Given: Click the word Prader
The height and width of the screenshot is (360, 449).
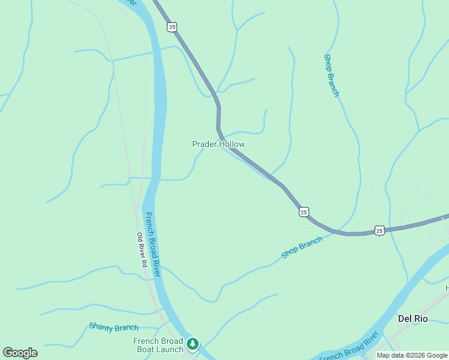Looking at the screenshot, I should coord(204,144).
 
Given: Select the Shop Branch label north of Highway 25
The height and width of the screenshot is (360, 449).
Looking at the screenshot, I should coord(331,76).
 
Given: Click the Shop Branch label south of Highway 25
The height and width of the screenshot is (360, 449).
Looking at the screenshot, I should coord(302,247).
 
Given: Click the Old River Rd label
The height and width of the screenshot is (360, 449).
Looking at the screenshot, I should coord(142,250).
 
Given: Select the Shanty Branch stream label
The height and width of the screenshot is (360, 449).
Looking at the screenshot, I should coord(113,327).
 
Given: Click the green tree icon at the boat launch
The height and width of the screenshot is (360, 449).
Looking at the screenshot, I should coord(192,344).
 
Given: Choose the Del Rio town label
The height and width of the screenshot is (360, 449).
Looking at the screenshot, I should coord(413,319).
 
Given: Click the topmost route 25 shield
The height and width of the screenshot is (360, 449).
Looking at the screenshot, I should coord(172,27).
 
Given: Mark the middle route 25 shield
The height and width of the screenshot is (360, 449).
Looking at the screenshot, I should coord(304,212).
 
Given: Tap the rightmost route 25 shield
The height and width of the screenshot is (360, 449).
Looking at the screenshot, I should coord(379,230).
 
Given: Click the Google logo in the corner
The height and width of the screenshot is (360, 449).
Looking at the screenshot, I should coord(20,353).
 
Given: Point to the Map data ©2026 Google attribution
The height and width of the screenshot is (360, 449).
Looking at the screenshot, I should coord(412,355).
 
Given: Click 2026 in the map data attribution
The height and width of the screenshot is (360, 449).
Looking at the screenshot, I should coord(415,355).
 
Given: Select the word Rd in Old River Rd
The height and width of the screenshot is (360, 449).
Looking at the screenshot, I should coord(144,263).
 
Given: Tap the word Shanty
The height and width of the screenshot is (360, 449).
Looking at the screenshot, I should coord(101,326).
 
